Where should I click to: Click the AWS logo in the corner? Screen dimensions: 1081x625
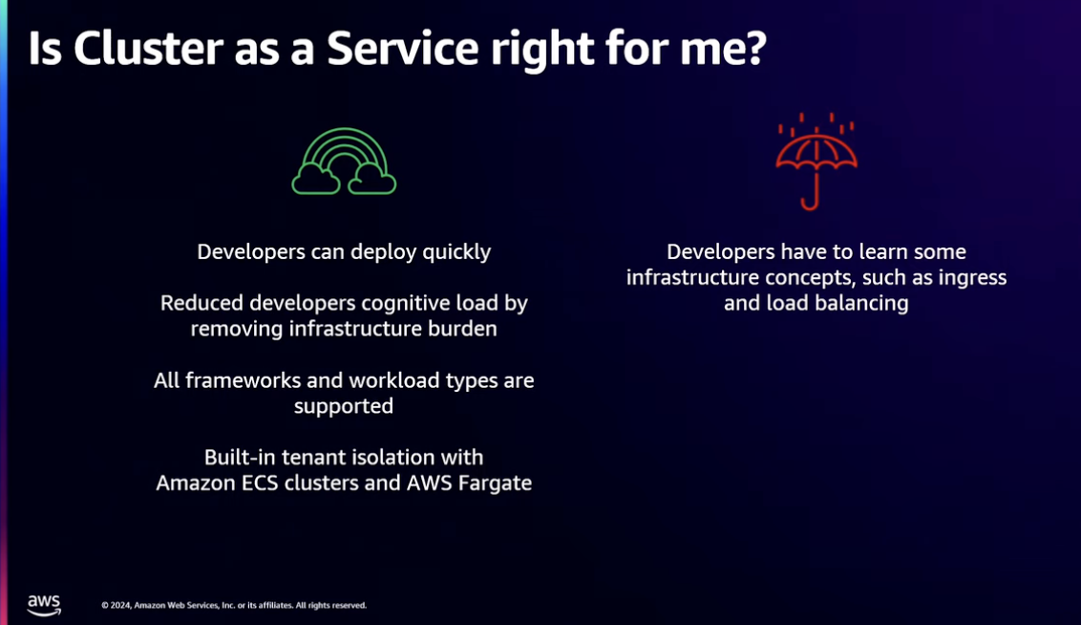coord(44,604)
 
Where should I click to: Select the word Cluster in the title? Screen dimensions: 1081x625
coord(148,49)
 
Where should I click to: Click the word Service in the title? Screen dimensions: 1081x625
coord(403,49)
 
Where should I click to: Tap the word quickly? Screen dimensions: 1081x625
coord(456,252)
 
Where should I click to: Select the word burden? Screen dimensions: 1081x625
coord(462,329)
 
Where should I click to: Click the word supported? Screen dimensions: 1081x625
coord(344,406)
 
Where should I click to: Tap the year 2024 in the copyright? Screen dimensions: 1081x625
coord(120,606)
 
